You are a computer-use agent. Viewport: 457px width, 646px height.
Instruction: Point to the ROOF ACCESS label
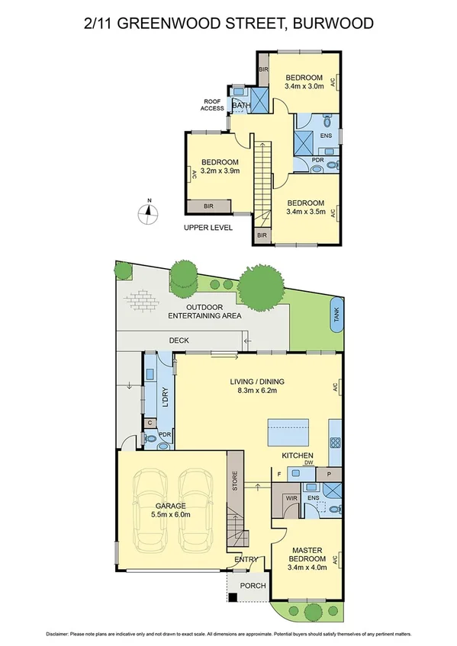pyautogui.click(x=213, y=104)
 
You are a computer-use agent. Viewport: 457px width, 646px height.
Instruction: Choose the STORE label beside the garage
pyautogui.click(x=236, y=481)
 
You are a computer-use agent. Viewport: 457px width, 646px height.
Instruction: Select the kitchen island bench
pyautogui.click(x=289, y=433)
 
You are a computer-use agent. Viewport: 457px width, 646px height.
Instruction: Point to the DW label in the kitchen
pyautogui.click(x=308, y=462)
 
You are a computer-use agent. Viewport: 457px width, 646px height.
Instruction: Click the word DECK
pyautogui.click(x=179, y=340)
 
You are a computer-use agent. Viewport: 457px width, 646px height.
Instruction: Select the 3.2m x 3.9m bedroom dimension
pyautogui.click(x=220, y=171)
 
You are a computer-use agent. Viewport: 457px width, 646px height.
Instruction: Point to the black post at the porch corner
pyautogui.click(x=233, y=596)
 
